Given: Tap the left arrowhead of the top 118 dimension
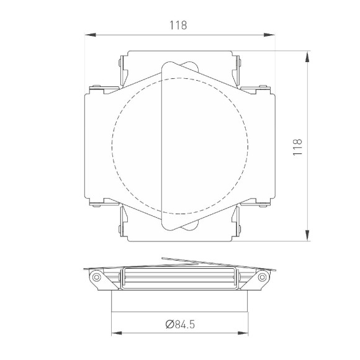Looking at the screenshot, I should [x=88, y=34].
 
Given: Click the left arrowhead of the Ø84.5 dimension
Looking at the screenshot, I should [x=115, y=333].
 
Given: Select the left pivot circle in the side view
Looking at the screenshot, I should [x=96, y=277].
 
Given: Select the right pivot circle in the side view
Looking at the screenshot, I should [x=263, y=277].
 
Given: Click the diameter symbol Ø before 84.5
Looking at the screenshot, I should [x=169, y=324].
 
